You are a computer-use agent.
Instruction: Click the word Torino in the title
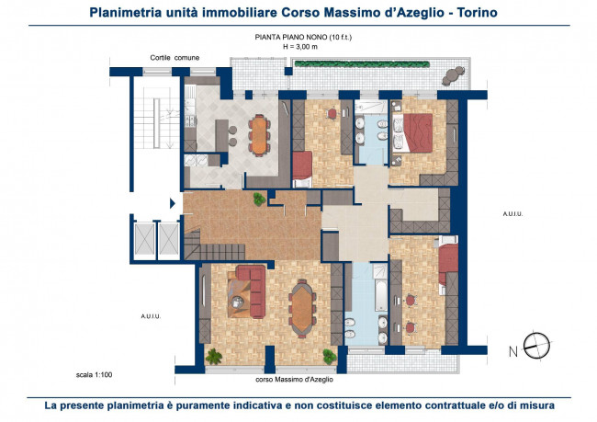coord(477,13)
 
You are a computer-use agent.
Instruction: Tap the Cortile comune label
coord(175,58)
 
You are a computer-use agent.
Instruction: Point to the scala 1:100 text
coord(94,375)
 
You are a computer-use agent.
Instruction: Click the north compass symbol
coord(536,346)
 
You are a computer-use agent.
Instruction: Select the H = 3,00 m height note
coord(300,47)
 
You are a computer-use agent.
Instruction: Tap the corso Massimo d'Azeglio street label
coord(294,380)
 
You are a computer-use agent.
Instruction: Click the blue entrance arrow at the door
coord(173,203)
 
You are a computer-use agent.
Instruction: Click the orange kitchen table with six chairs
coord(259,135)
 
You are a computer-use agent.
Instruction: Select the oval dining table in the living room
coord(302,309)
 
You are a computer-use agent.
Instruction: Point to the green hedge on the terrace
coord(362,64)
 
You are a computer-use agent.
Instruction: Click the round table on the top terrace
coord(453,76)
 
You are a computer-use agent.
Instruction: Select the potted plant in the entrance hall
coord(259,199)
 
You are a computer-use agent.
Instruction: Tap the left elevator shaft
coord(145,239)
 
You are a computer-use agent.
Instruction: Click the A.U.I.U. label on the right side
coord(513,214)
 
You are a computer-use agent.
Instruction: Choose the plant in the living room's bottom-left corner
coord(214,357)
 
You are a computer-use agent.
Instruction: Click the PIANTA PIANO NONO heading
coord(291,38)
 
